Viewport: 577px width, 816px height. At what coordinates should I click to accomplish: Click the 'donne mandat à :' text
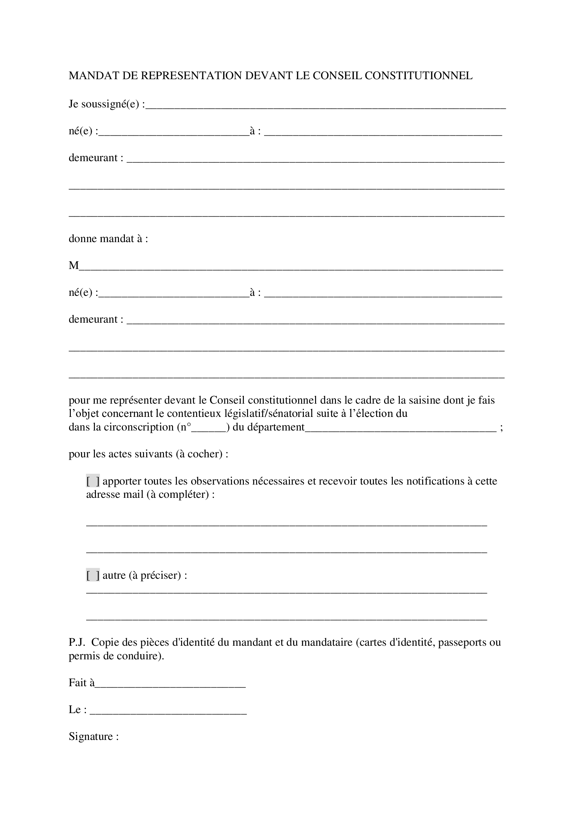pos(108,239)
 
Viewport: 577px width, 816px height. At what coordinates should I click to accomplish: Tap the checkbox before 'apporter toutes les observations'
pos(93,481)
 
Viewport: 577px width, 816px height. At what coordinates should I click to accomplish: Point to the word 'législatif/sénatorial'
pos(269,414)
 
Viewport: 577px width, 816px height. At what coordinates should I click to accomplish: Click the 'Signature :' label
pos(93,736)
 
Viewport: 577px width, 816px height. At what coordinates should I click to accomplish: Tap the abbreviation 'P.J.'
pos(77,642)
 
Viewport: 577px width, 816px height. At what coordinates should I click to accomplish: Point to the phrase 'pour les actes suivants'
pos(120,454)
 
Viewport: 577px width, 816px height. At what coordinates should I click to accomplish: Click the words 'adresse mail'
pos(115,494)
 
